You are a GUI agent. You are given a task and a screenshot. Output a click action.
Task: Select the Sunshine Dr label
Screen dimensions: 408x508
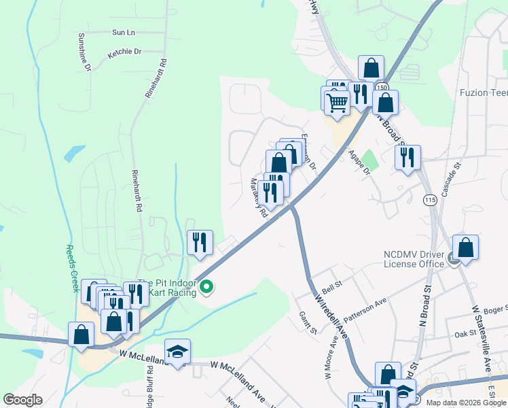click(85, 52)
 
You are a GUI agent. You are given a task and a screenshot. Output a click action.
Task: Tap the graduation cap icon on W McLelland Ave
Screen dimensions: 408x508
click(177, 351)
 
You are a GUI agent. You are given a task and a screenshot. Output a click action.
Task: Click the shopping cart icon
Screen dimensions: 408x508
click(337, 103)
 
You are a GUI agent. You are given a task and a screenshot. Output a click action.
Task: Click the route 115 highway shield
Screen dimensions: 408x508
click(429, 200)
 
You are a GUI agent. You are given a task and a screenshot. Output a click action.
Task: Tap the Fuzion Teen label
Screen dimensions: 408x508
click(483, 92)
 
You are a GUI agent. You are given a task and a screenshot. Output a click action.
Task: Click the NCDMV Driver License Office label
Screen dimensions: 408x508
click(414, 258)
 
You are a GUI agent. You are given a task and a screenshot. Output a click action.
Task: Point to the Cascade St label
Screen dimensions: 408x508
click(452, 179)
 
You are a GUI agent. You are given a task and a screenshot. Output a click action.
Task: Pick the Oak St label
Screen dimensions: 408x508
click(467, 333)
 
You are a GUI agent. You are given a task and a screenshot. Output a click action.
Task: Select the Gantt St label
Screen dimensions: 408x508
click(308, 322)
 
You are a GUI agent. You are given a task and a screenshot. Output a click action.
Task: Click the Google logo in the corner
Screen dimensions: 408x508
click(22, 400)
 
